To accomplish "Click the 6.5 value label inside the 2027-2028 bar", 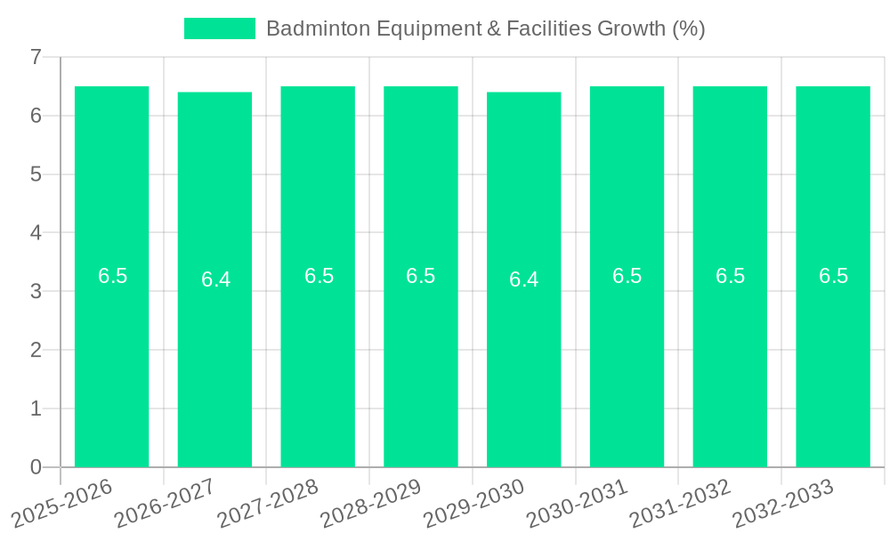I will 319,276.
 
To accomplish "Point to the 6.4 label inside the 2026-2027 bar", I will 215,279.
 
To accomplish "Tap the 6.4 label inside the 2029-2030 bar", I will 523,279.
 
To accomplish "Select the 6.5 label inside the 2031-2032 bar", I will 730,276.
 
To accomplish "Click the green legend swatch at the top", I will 219,28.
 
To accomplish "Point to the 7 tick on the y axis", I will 36,57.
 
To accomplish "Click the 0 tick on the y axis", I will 36,467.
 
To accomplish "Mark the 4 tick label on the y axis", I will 36,233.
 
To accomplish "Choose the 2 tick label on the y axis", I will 36,350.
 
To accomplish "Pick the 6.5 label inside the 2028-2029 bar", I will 420,276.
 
